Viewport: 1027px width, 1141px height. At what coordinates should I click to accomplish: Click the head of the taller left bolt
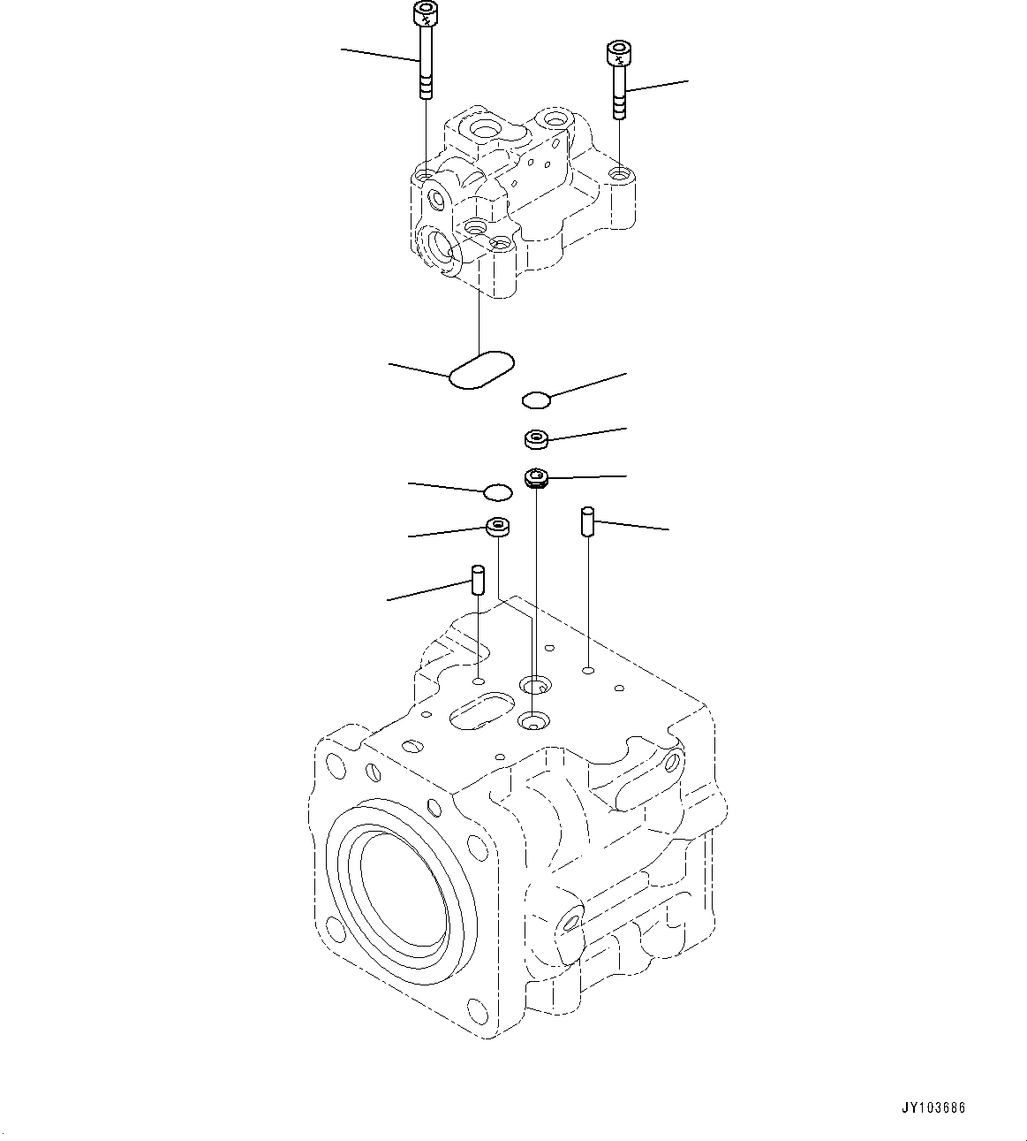pyautogui.click(x=425, y=14)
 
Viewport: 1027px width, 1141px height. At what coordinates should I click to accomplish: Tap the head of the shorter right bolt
pyautogui.click(x=616, y=54)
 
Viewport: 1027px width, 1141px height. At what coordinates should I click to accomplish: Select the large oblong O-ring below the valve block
pyautogui.click(x=481, y=370)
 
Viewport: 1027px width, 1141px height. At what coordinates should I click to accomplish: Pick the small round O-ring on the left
pyautogui.click(x=497, y=491)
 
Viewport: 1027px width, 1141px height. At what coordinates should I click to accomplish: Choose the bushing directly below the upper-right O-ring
pyautogui.click(x=536, y=437)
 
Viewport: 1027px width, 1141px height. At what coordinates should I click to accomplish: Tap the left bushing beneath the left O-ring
pyautogui.click(x=499, y=529)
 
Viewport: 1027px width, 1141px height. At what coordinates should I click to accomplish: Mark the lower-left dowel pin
pyautogui.click(x=478, y=580)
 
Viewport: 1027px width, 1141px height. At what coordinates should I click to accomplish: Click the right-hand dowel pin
pyautogui.click(x=588, y=521)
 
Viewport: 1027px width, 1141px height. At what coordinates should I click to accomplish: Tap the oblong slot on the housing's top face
pyautogui.click(x=481, y=711)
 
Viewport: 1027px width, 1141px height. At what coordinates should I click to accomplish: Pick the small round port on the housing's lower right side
pyautogui.click(x=570, y=923)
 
